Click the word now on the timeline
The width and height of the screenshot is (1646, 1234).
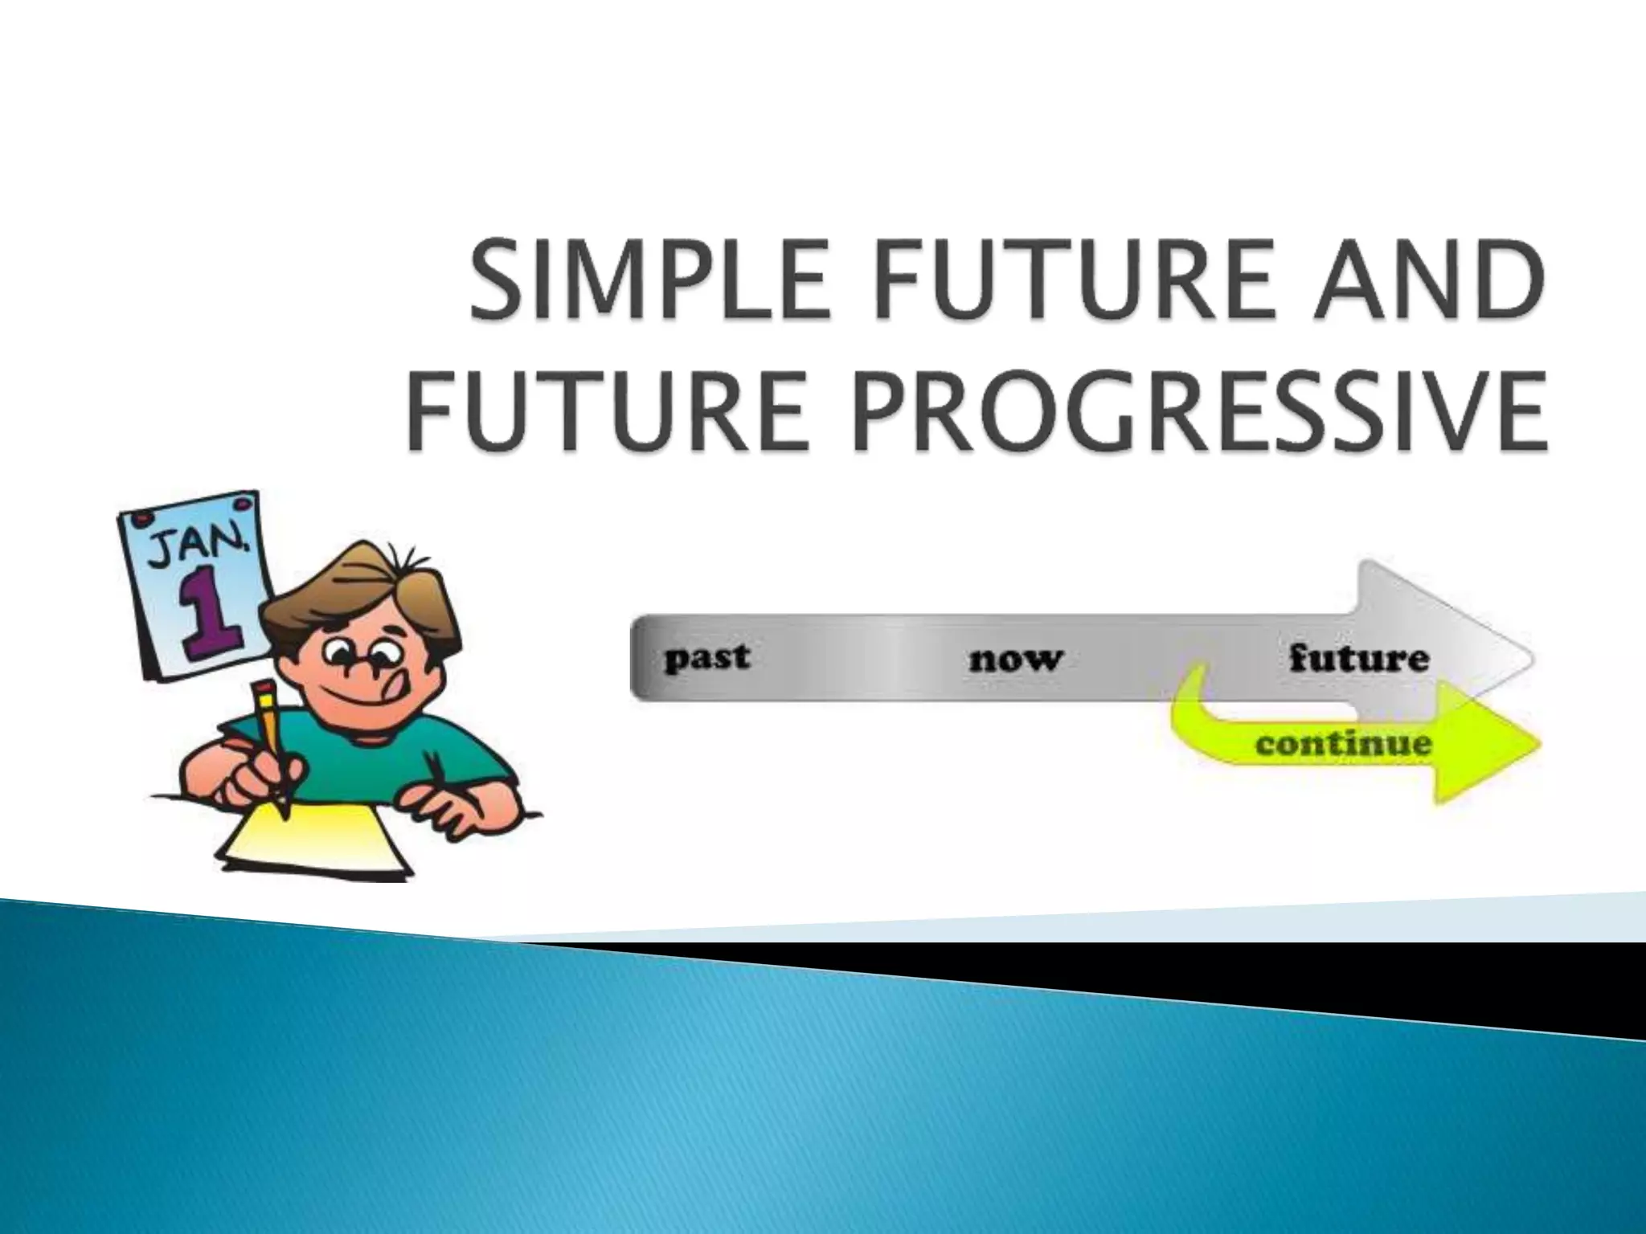click(x=1016, y=659)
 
